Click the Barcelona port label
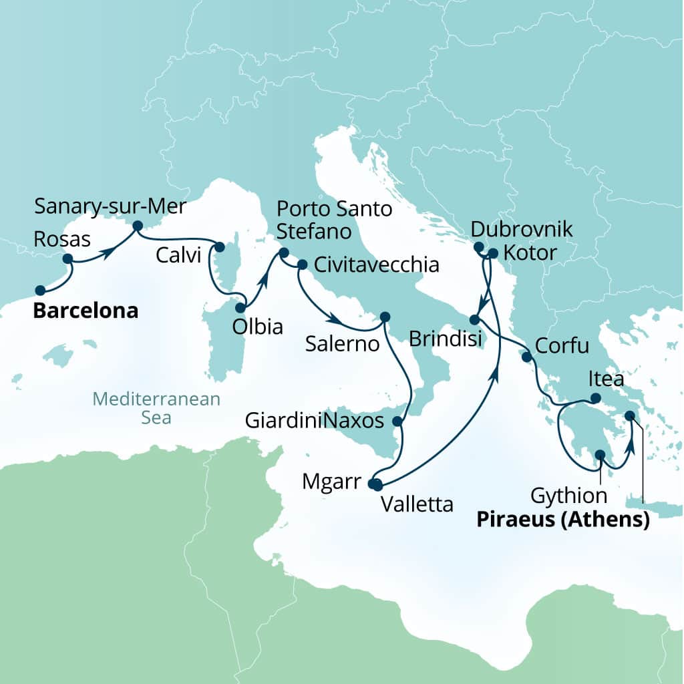point(85,311)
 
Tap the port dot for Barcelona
point(40,290)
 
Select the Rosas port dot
point(67,259)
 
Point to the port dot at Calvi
point(218,247)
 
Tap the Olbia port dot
point(240,308)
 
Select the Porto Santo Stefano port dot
point(283,253)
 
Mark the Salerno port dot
point(384,317)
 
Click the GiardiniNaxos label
point(315,421)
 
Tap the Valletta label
point(417,505)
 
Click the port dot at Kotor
point(493,253)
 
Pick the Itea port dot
point(595,399)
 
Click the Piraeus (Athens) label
point(562,520)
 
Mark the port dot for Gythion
point(600,455)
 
